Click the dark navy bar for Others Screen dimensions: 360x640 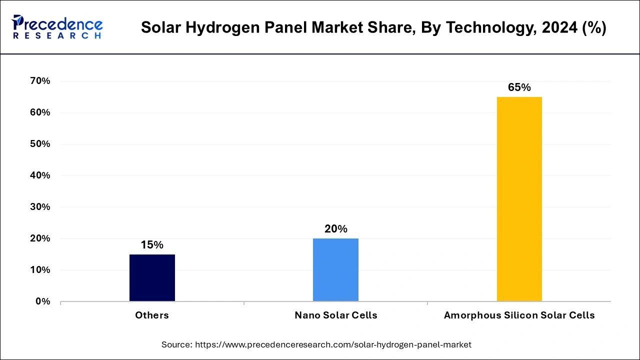(x=152, y=278)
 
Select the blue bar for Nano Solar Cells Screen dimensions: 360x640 (x=335, y=270)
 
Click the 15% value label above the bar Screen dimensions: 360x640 (x=152, y=245)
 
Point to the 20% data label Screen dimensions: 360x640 (x=335, y=229)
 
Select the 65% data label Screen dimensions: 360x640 (x=519, y=87)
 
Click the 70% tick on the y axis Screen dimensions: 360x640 (x=39, y=81)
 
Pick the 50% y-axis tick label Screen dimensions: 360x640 (x=39, y=144)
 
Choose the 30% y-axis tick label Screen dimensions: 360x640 (x=39, y=207)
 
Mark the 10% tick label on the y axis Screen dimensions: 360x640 (x=39, y=270)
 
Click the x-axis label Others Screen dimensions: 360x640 (x=152, y=315)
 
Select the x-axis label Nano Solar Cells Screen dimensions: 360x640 (x=335, y=315)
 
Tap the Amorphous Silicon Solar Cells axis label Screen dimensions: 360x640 (x=519, y=315)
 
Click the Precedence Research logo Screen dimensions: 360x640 (x=57, y=27)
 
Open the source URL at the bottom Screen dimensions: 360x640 (x=333, y=344)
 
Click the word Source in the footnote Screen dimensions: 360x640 (x=176, y=344)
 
